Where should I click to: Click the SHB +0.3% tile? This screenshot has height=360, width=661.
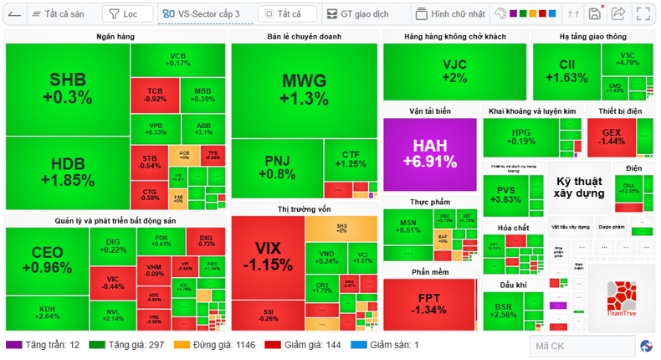67,89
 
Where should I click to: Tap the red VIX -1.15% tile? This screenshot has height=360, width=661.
267,256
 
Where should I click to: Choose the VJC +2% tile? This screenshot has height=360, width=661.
454,71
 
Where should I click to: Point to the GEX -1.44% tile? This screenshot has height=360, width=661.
611,136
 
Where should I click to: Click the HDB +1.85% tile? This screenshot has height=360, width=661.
67,172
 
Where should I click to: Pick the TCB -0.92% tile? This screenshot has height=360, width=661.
155,95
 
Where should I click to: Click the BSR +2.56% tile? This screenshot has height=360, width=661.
504,311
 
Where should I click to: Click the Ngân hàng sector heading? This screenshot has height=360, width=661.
115,37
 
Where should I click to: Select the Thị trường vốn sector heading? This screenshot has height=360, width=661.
305,208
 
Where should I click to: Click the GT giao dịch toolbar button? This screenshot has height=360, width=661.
358,14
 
